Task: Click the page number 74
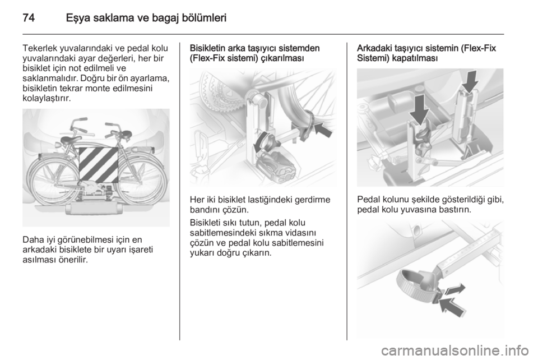click(x=29, y=17)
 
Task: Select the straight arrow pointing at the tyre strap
click(x=323, y=129)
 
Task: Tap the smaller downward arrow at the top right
click(x=470, y=81)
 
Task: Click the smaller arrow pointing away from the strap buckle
click(x=455, y=289)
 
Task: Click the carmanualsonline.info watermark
click(x=454, y=350)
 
